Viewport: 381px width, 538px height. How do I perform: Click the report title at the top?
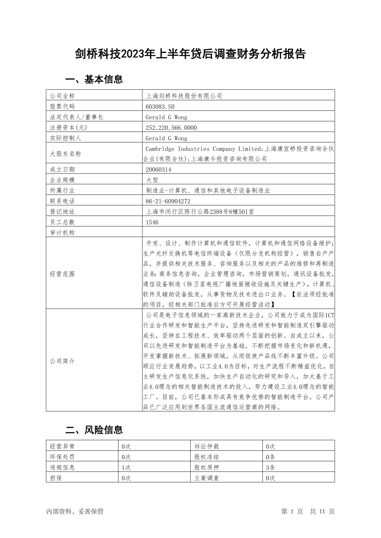click(x=190, y=54)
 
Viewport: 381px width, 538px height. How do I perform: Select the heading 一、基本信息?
click(x=94, y=79)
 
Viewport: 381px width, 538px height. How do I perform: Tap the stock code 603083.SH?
click(x=160, y=106)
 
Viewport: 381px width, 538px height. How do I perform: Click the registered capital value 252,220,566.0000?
click(x=171, y=127)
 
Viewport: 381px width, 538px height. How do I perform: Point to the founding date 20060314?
click(x=158, y=170)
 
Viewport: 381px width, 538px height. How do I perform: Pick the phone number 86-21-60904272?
click(x=168, y=201)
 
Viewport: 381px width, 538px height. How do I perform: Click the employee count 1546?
click(x=152, y=222)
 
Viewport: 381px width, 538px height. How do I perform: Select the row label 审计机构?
click(x=62, y=233)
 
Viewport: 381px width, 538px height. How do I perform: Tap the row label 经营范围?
click(x=62, y=274)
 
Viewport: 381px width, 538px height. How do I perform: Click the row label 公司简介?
click(x=62, y=361)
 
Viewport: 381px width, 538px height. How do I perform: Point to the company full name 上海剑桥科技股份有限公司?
click(x=184, y=96)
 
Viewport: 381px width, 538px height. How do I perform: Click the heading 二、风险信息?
click(x=94, y=430)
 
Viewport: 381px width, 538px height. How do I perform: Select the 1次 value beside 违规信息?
click(x=126, y=467)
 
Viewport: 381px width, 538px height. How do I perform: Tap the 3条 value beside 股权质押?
click(x=270, y=467)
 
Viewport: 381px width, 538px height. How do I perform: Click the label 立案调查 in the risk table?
click(x=207, y=478)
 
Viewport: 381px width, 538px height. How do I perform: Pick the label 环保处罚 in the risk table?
click(x=62, y=457)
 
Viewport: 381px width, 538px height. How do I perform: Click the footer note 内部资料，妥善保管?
click(x=75, y=511)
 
